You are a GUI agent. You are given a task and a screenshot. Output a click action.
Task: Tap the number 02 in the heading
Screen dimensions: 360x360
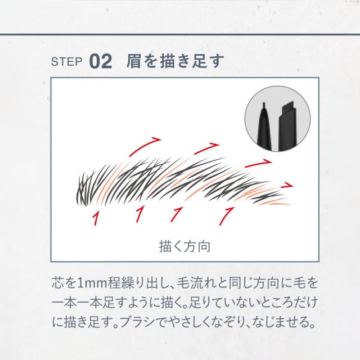tap(101, 61)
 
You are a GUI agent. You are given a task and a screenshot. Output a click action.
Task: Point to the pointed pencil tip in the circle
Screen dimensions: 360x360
tap(263, 107)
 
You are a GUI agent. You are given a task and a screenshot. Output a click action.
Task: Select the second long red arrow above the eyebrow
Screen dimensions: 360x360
tap(204, 148)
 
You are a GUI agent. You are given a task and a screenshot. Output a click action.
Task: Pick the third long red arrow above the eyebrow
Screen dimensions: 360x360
tap(260, 162)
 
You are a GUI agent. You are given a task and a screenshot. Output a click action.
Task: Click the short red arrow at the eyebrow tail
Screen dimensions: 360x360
tap(287, 184)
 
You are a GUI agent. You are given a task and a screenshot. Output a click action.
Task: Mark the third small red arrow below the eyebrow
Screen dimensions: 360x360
tap(178, 214)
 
